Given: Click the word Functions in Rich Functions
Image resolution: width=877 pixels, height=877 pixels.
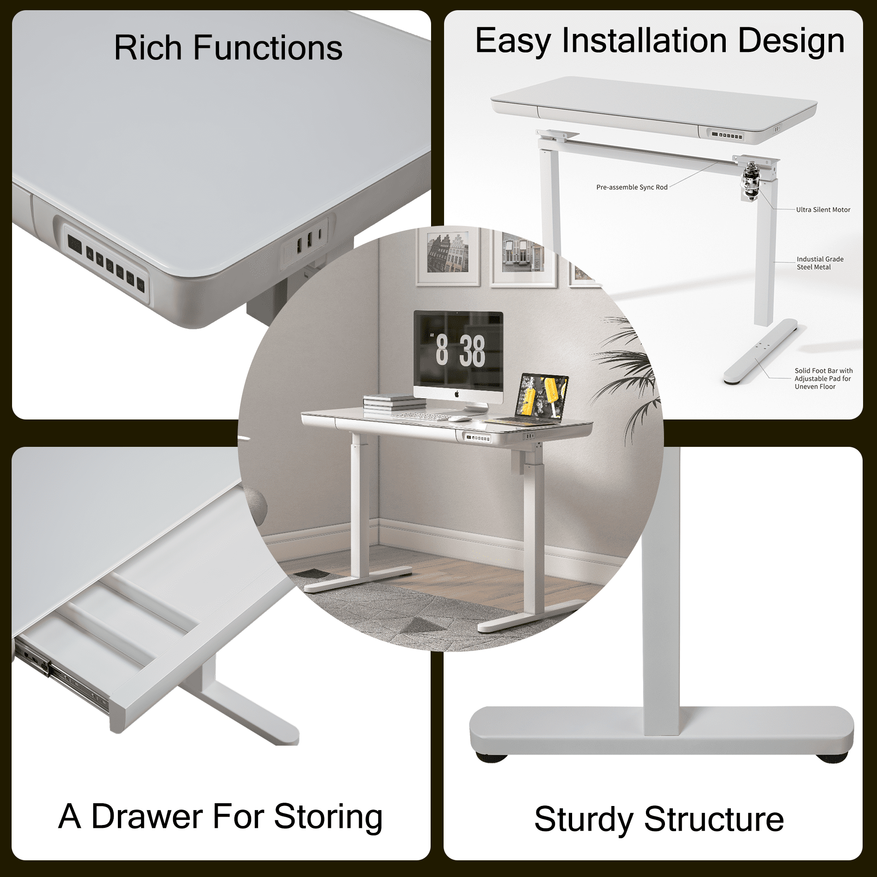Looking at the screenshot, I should (267, 48).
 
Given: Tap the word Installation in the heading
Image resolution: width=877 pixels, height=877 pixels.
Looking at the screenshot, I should (644, 41).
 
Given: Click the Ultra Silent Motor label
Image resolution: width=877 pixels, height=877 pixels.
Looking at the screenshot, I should (823, 210).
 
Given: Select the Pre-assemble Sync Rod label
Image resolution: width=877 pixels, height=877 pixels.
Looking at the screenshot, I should (631, 187).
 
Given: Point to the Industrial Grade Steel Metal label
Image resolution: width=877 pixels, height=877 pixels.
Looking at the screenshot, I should (819, 263).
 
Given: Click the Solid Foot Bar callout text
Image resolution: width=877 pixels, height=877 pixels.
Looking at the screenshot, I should (823, 379).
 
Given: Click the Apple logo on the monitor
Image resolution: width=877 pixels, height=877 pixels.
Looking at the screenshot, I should (457, 394).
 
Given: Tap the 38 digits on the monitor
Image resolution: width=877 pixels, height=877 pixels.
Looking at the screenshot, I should (472, 351).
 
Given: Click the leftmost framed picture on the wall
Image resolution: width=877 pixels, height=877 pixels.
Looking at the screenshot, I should (447, 257).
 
